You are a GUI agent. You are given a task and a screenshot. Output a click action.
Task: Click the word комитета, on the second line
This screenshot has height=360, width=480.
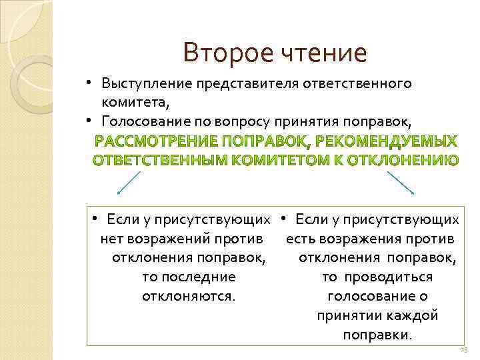(135, 102)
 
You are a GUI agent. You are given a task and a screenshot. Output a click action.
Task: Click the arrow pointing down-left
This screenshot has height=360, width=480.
(129, 183)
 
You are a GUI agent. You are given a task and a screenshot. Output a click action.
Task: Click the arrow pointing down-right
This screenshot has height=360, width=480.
(401, 183)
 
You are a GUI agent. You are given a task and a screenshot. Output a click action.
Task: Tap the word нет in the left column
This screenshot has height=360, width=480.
(110, 238)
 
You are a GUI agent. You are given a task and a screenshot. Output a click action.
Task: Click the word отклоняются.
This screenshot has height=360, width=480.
(189, 295)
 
